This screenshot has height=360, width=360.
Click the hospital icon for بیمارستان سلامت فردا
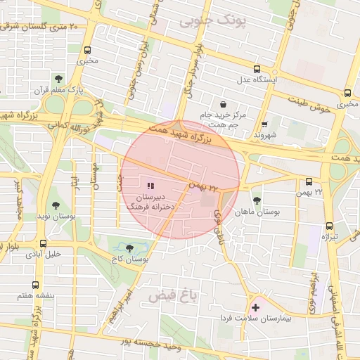(x=255, y=307)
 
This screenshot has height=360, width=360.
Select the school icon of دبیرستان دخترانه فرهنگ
(x=150, y=186)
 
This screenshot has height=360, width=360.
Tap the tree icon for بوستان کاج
(x=129, y=248)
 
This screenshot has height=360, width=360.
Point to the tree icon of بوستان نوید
(x=56, y=206)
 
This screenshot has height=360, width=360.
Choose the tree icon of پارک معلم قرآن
(x=58, y=79)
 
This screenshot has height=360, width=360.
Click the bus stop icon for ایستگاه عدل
(x=257, y=69)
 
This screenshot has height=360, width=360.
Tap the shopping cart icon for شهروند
(x=264, y=124)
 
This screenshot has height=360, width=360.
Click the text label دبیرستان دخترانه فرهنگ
(x=150, y=203)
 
